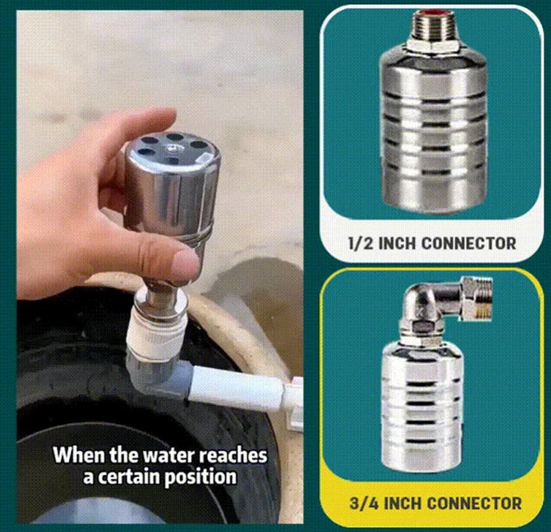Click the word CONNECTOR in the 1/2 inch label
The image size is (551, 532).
468,243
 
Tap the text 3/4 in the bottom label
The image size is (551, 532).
364,503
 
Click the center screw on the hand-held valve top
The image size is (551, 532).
171,149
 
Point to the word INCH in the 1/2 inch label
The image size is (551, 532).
397,243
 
